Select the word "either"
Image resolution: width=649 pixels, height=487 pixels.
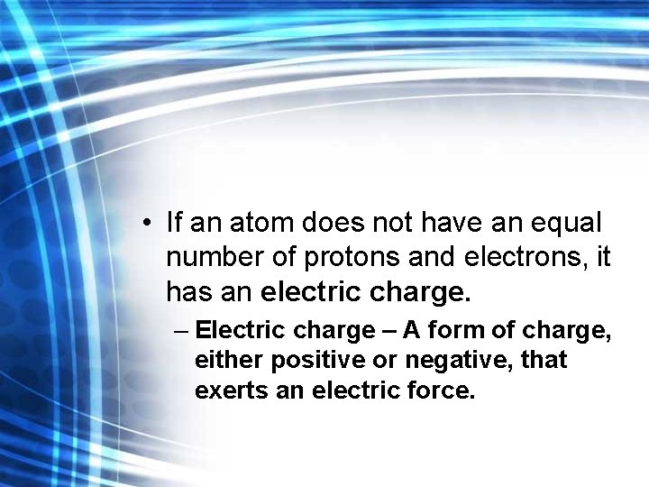click(225, 361)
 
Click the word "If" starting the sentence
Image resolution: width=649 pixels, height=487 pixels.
click(174, 222)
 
